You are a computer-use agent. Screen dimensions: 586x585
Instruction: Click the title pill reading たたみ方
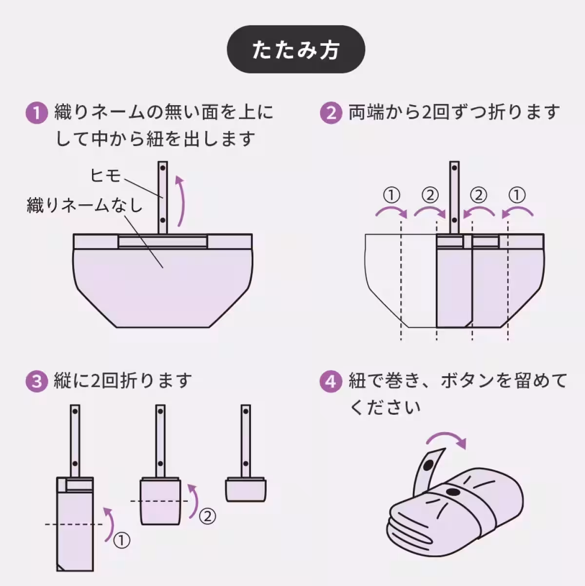296,50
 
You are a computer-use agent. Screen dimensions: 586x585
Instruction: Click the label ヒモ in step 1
105,175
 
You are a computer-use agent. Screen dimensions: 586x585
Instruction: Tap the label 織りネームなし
84,205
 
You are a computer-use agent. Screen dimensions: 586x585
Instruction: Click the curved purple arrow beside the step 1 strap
180,201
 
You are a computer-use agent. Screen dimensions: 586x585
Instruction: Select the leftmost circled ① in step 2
391,196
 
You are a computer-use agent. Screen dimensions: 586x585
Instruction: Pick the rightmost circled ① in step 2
517,196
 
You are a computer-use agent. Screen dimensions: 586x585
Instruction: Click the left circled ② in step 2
429,196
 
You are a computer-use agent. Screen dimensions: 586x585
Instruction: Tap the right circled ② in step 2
479,196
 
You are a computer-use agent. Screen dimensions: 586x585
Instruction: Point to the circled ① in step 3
122,540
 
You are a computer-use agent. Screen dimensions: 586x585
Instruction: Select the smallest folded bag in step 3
246,489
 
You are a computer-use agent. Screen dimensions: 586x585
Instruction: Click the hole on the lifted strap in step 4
429,465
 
